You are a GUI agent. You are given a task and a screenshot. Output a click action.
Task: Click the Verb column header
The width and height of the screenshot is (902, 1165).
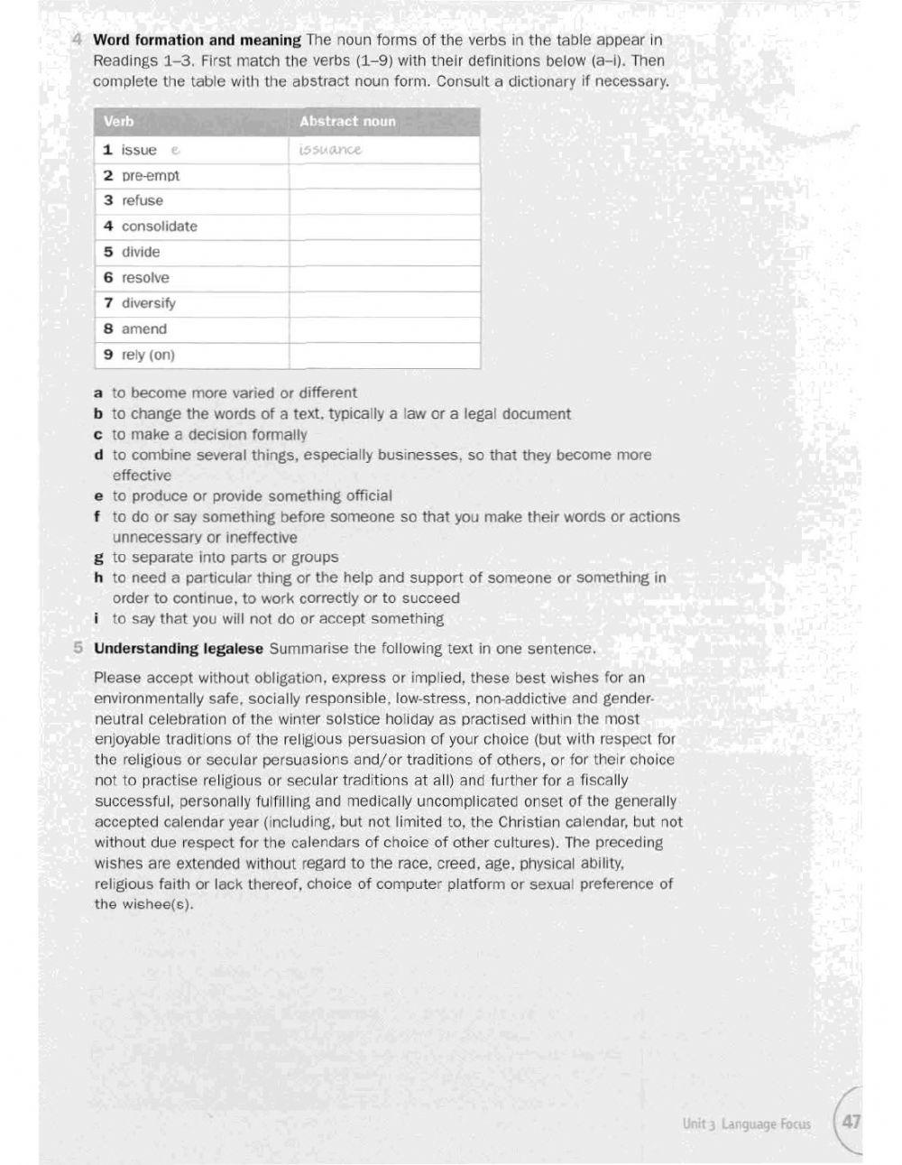[118, 122]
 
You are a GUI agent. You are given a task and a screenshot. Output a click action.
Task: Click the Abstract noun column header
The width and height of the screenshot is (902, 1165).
[347, 122]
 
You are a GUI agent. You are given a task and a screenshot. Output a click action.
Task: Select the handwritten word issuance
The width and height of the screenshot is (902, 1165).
[329, 150]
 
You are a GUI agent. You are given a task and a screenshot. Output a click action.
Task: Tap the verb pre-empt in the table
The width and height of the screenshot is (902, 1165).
[151, 176]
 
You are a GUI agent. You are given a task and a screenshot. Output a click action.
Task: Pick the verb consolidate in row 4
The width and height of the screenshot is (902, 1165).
[159, 227]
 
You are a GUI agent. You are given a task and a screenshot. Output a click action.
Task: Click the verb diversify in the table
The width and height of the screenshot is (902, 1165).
[148, 303]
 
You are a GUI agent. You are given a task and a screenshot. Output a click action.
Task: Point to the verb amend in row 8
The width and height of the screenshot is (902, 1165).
[143, 329]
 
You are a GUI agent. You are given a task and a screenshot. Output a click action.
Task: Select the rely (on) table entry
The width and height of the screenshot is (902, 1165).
[148, 355]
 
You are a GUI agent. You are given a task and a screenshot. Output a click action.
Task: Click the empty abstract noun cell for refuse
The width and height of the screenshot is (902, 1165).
[384, 201]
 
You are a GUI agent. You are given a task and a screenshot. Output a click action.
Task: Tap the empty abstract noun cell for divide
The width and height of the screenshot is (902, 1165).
[384, 253]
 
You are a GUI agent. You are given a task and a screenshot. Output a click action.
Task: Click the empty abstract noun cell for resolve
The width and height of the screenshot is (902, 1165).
[384, 278]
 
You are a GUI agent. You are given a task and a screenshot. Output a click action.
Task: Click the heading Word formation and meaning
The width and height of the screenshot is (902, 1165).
[197, 40]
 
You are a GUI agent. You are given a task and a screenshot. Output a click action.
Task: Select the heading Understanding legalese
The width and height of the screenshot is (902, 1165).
[179, 649]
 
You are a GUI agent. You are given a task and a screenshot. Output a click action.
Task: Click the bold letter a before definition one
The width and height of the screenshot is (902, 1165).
[97, 393]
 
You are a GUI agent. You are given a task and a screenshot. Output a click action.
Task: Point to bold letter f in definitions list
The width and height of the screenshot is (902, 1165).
[97, 517]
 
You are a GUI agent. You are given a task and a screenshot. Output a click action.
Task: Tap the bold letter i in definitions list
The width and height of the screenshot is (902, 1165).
[97, 619]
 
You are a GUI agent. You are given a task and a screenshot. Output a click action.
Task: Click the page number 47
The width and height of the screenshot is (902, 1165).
[850, 1123]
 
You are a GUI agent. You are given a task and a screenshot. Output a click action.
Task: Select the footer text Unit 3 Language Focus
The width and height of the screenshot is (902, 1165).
[746, 1124]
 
